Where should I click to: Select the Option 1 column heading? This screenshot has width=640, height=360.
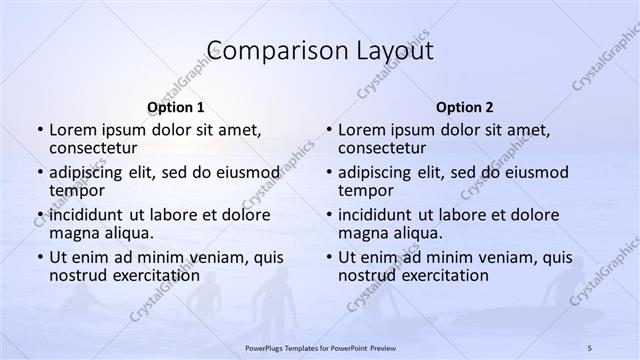[x=175, y=107]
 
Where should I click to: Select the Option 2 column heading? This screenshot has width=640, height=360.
[x=464, y=107]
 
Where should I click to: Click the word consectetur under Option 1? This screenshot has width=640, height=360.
[x=97, y=148]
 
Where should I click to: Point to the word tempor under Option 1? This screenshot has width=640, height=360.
[x=76, y=190]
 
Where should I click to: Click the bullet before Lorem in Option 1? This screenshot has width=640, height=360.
[x=39, y=130]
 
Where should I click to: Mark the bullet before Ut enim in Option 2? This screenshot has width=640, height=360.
[x=328, y=257]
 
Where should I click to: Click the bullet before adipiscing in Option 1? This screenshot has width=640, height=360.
[x=39, y=172]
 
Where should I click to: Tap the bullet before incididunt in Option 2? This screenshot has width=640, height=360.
[x=328, y=214]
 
